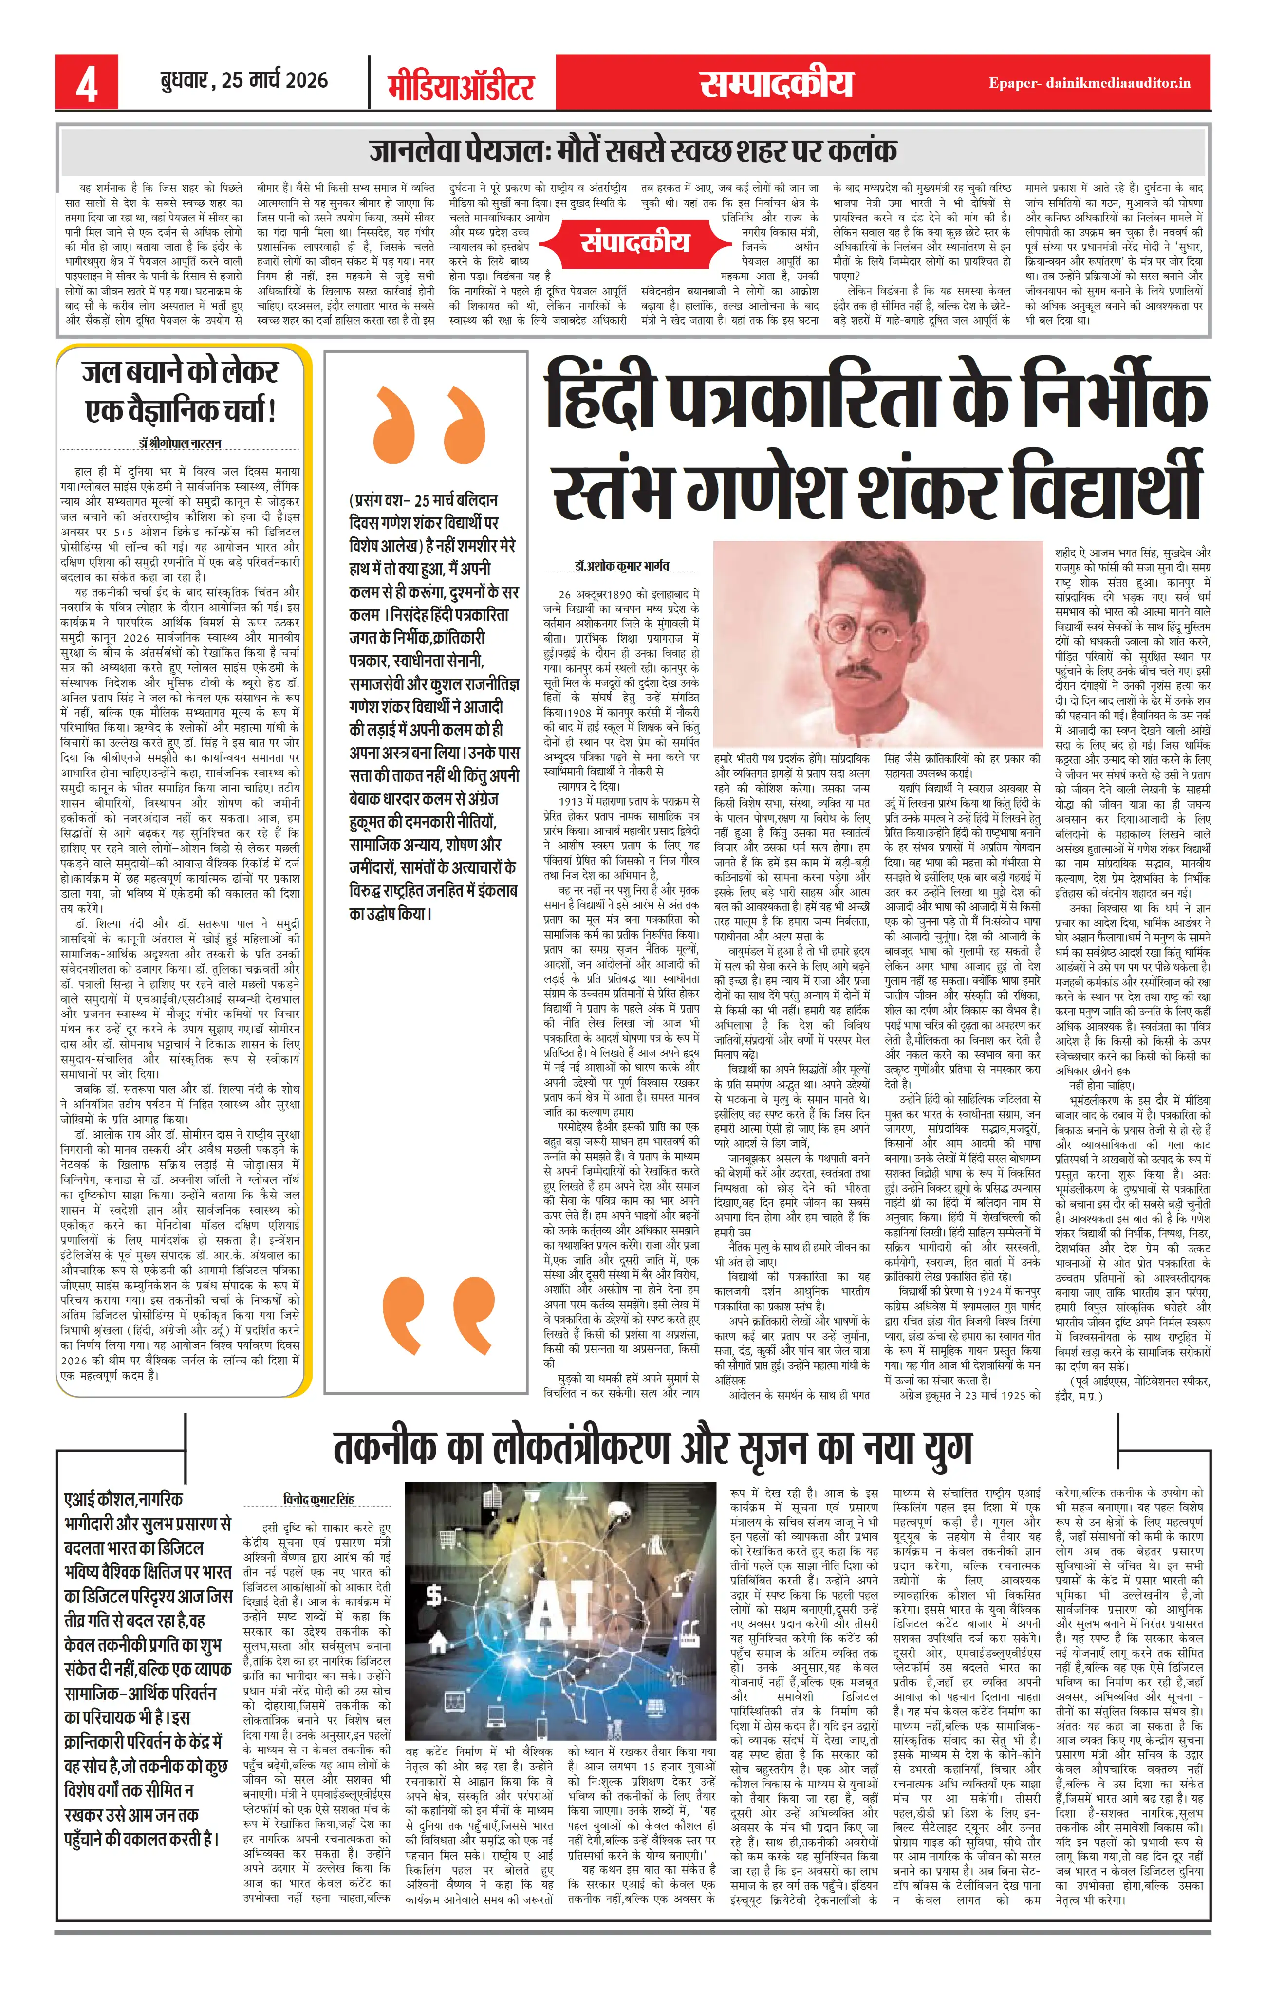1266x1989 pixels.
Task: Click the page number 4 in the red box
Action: (x=86, y=83)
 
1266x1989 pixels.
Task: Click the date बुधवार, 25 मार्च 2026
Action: (x=244, y=80)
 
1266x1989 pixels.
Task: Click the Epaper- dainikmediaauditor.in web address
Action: (x=1089, y=83)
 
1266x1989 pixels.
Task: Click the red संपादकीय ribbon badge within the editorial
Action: (x=634, y=242)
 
